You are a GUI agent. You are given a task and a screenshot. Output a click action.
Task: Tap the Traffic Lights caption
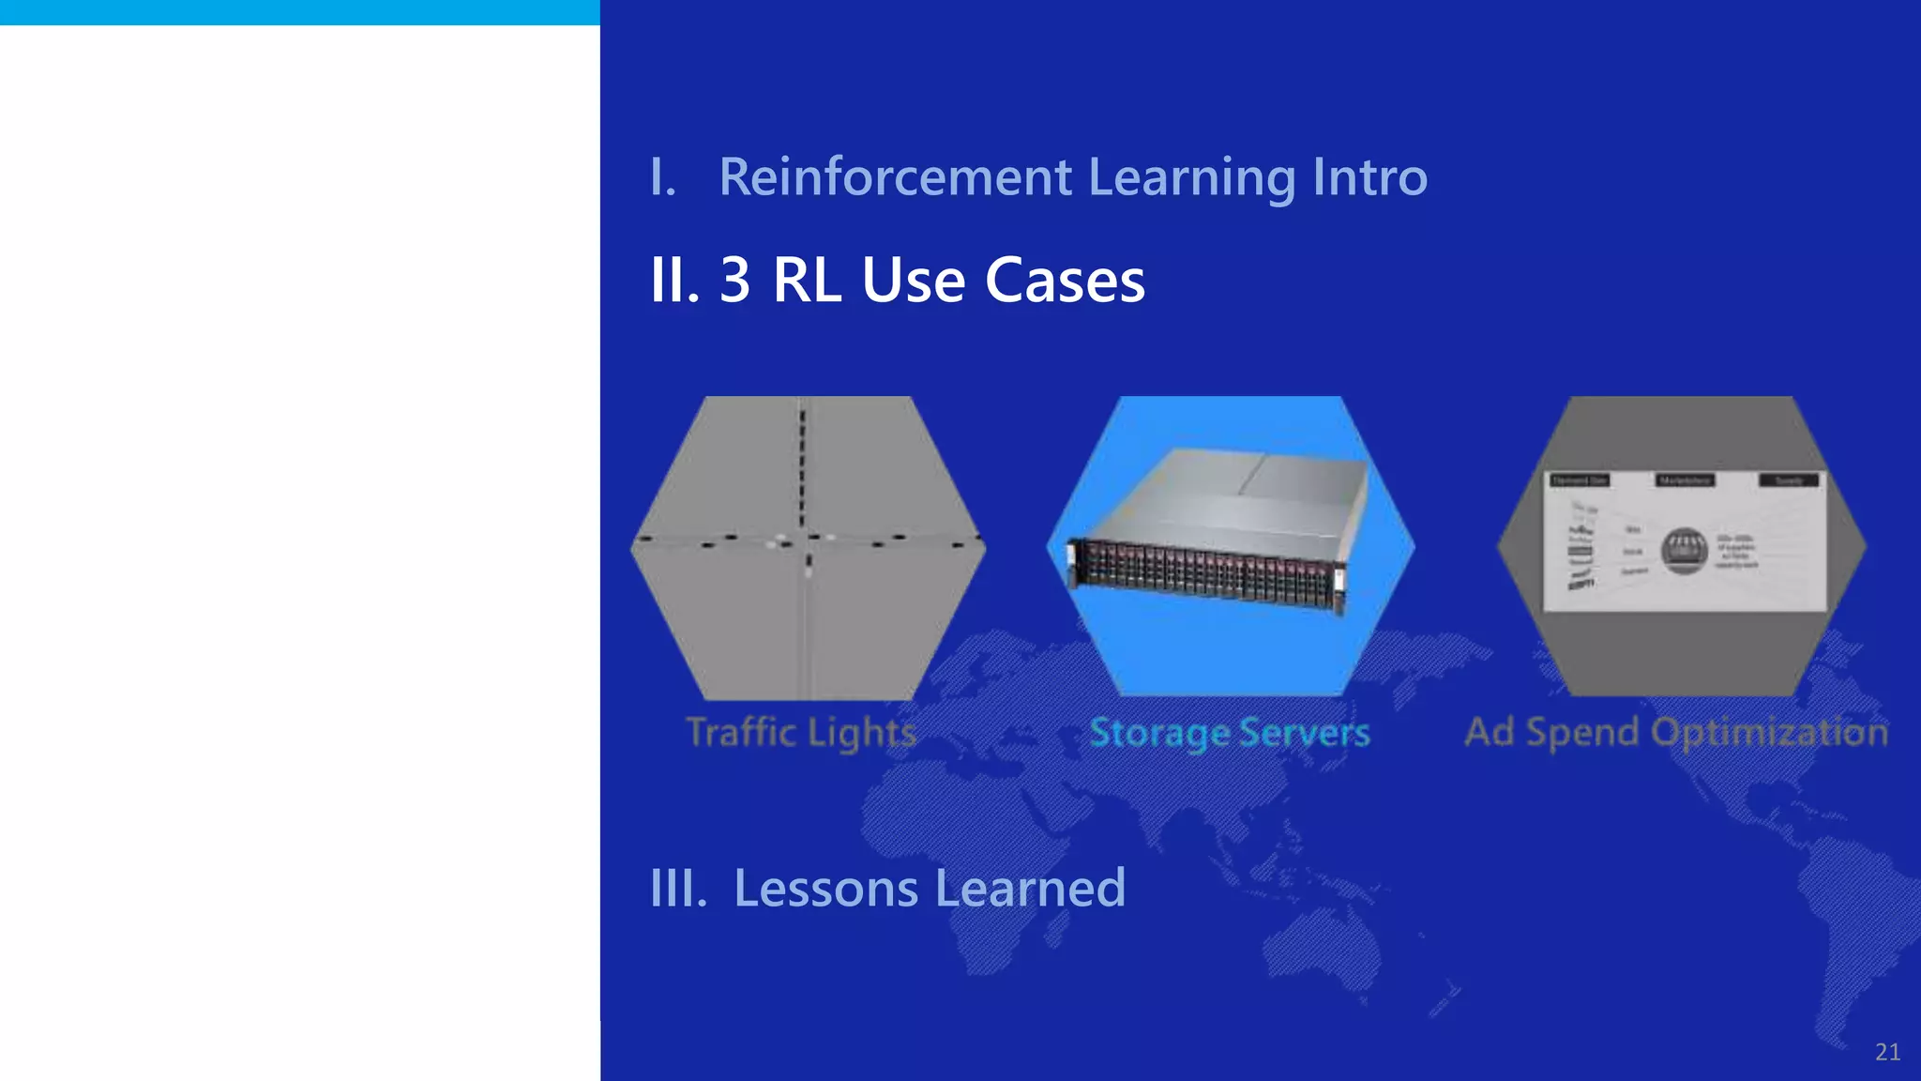(x=801, y=732)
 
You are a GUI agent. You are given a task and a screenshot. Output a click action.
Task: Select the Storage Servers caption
(x=1229, y=732)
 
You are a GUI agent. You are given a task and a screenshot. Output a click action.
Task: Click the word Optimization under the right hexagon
(x=1769, y=732)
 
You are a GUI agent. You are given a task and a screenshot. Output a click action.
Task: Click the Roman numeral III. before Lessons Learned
(x=678, y=888)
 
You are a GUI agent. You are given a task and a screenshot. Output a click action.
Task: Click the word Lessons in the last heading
(x=825, y=888)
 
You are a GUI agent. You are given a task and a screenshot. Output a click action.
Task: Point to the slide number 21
(x=1887, y=1052)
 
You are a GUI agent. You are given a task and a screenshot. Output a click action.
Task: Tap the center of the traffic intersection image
(x=805, y=542)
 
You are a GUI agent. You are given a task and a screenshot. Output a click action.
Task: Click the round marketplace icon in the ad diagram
(x=1685, y=551)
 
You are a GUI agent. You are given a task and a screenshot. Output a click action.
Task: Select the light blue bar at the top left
(x=299, y=12)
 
